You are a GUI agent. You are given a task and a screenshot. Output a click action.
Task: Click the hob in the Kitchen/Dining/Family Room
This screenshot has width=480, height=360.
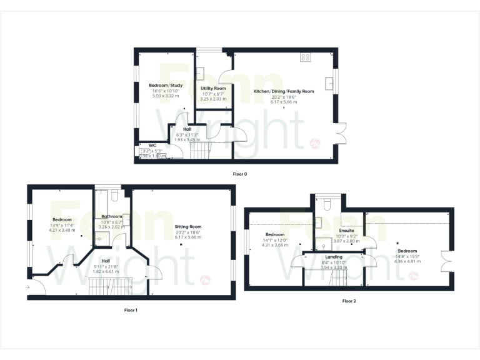pos(306,57)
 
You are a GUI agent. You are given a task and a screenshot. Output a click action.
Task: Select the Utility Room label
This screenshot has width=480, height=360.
pos(213,89)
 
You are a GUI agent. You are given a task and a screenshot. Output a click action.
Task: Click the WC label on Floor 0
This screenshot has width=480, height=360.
pos(152,145)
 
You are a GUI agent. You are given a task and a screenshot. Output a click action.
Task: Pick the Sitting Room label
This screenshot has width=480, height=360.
pos(187,227)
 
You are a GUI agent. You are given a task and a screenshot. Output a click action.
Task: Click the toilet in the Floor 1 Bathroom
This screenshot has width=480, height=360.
pos(113,197)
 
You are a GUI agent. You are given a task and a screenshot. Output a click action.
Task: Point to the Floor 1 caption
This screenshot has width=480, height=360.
pos(131,309)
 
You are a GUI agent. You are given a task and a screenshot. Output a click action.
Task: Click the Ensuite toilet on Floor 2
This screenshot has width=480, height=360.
pos(327,204)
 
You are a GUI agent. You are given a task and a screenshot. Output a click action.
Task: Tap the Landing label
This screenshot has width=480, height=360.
pos(334,257)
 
